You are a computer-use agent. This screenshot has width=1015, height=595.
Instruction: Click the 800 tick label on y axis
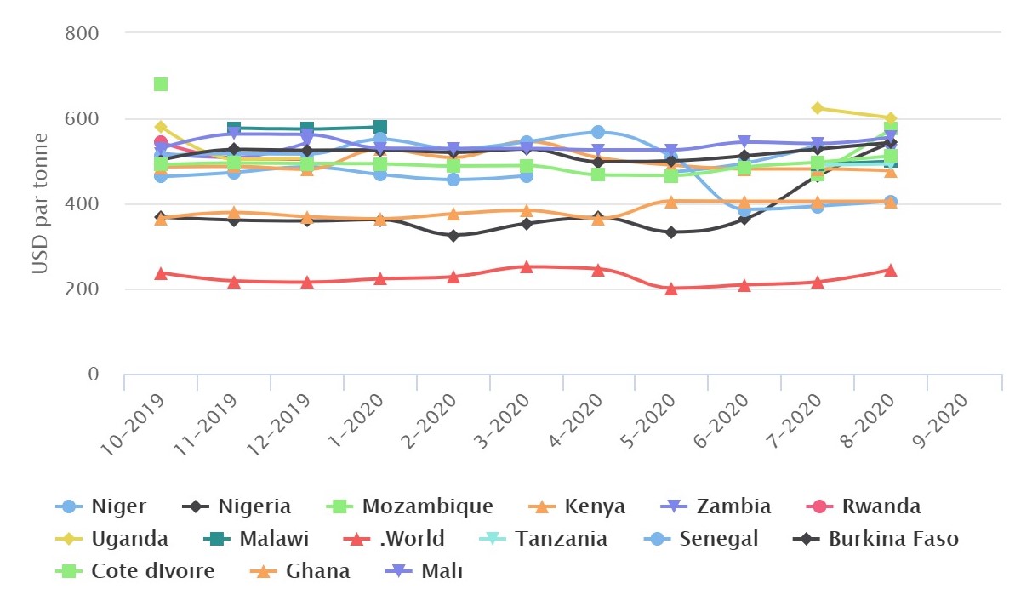[x=83, y=33]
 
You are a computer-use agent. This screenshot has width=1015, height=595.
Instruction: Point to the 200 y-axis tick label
[x=83, y=289]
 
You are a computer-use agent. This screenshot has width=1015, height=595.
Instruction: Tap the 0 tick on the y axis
[x=94, y=375]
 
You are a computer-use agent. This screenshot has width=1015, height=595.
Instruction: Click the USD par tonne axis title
[x=39, y=204]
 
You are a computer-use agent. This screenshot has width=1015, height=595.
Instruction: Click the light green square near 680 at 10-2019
[x=161, y=84]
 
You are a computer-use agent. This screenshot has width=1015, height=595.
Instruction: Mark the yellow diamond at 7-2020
[x=818, y=108]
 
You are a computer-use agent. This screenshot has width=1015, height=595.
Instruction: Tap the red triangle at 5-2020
[x=671, y=289]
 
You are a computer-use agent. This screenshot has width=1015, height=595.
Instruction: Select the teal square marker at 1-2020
[x=380, y=128]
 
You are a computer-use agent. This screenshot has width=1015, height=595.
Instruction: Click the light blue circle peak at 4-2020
[x=598, y=132]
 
